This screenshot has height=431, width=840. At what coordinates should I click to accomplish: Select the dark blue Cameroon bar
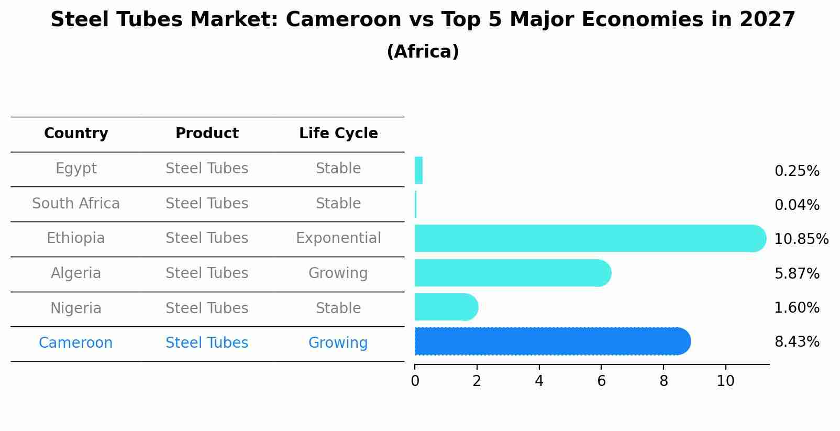point(550,341)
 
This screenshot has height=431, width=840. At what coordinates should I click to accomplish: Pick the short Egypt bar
point(418,170)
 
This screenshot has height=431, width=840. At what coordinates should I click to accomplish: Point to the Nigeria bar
point(445,307)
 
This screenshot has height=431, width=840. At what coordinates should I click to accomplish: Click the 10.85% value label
point(801,239)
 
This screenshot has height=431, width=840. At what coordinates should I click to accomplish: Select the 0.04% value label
point(797,205)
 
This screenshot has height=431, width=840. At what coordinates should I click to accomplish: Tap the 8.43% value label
point(797,342)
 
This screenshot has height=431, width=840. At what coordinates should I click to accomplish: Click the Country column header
point(76,134)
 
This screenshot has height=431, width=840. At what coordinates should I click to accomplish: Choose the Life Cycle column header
point(338,134)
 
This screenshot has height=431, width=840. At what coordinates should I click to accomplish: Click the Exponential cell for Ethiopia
point(338,238)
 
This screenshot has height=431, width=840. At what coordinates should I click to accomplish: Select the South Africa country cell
point(76,204)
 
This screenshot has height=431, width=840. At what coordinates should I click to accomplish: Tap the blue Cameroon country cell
point(76,343)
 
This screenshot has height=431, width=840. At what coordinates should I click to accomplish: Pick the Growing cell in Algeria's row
point(338,273)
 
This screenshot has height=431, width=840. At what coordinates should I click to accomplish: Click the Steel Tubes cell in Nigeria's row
point(207,308)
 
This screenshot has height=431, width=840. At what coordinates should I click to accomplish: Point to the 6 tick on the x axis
point(601,381)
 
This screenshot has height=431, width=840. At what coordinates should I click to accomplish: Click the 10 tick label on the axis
point(725,381)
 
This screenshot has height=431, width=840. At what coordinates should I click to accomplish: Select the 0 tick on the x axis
point(415,381)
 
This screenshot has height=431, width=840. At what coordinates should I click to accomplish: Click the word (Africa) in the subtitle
point(423,52)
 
